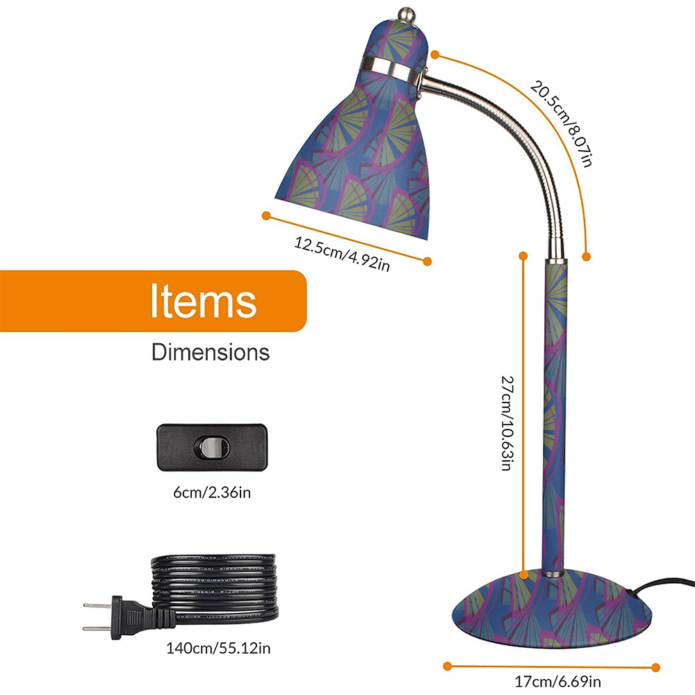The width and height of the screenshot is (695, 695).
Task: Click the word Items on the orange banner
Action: (x=204, y=300)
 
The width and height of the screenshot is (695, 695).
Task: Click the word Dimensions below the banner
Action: (x=211, y=352)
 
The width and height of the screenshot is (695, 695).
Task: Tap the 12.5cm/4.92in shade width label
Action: (x=342, y=254)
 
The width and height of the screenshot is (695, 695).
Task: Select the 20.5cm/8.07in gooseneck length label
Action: (x=562, y=123)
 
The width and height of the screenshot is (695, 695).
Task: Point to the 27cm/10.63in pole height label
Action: (x=507, y=423)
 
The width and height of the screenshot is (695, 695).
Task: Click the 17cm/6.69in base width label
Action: (x=557, y=681)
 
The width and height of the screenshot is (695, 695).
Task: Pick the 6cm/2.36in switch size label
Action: (x=212, y=493)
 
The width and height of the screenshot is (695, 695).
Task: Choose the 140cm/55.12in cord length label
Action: (x=218, y=648)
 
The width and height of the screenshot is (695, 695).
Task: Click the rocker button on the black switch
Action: (x=212, y=447)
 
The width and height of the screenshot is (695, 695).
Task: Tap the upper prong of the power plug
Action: (x=97, y=605)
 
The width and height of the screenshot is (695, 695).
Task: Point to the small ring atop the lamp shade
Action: (x=406, y=14)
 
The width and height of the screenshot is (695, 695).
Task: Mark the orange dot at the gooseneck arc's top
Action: (x=435, y=54)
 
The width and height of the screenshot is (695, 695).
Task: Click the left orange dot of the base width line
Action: (x=448, y=667)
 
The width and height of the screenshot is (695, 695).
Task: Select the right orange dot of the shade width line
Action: (x=427, y=261)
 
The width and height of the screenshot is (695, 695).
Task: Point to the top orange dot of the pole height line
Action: (x=523, y=256)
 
